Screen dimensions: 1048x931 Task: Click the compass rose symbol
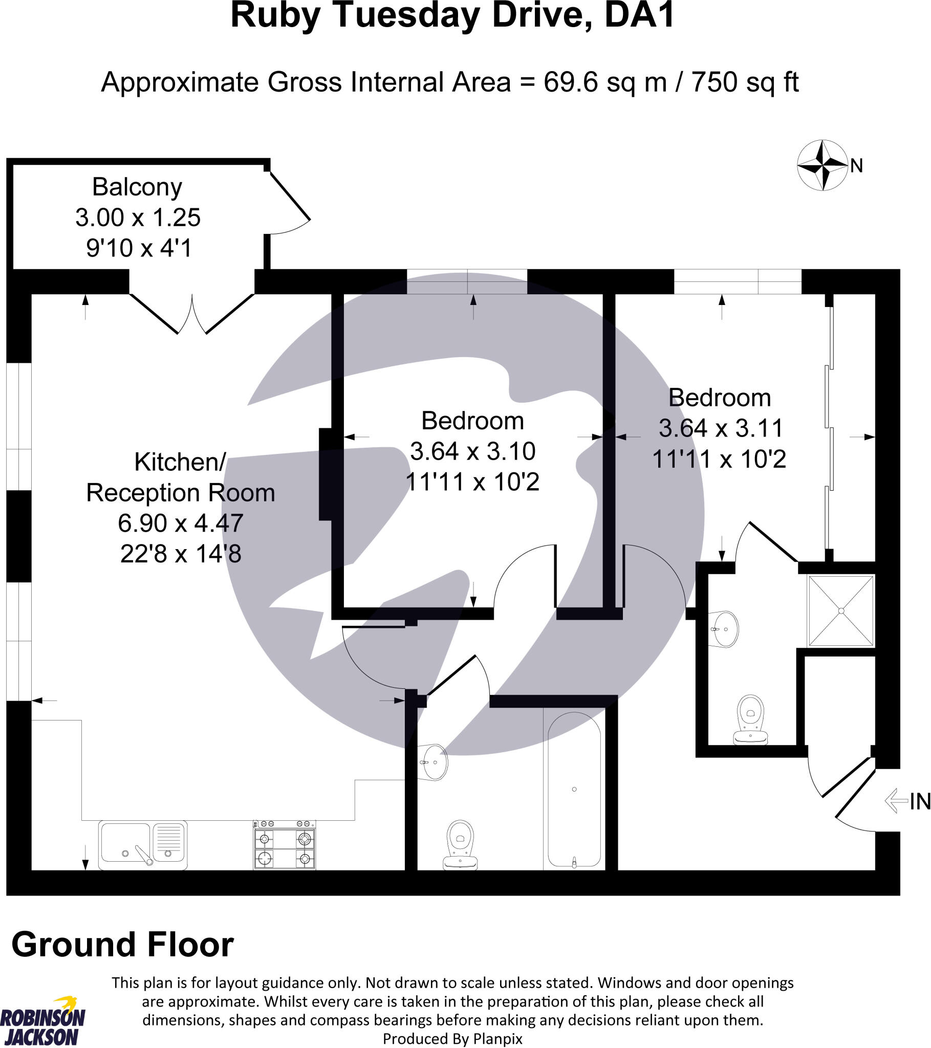point(822,165)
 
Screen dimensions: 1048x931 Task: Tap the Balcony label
point(137,187)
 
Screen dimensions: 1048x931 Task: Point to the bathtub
point(574,790)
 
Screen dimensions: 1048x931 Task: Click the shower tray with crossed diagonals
point(841,610)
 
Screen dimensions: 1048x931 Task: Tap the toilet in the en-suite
point(750,718)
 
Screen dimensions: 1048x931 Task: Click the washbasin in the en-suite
point(724,629)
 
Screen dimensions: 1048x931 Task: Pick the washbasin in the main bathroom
point(434,762)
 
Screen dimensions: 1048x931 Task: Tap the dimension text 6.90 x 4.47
point(181,523)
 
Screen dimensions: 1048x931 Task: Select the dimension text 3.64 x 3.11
point(721,428)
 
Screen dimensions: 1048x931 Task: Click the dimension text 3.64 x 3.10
point(472,451)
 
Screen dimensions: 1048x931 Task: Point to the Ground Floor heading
point(123,945)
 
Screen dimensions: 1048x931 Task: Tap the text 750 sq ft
point(745,82)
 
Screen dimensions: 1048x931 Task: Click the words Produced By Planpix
point(452,1039)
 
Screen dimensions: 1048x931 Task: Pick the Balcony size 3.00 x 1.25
point(138,217)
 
